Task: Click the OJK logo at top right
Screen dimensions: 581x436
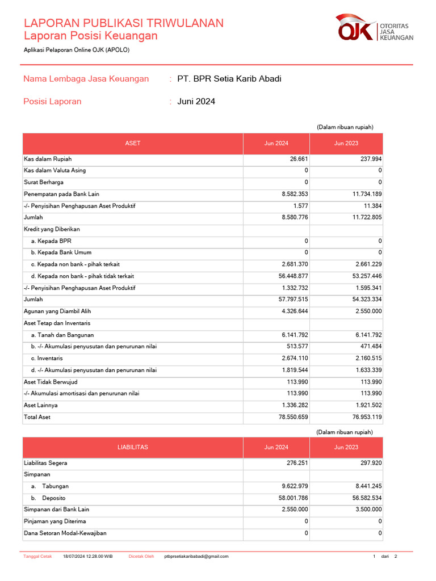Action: [375, 28]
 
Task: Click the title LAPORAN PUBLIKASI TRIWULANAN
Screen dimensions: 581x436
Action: [124, 23]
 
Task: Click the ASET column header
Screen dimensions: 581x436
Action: [133, 144]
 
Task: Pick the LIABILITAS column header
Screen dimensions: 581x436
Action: [133, 447]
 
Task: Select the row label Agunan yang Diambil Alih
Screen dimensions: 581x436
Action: [57, 311]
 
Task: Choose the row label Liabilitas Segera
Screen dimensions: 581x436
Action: [45, 463]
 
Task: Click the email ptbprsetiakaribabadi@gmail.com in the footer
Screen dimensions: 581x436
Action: [196, 556]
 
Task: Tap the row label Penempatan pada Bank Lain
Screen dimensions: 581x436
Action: [61, 194]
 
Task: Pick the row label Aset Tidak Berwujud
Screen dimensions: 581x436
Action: [51, 382]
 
